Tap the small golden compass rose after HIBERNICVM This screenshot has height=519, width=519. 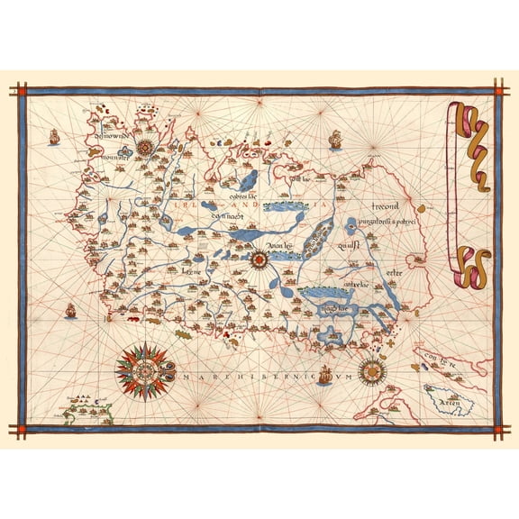[x=370, y=369]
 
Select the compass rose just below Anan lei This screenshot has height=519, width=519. [x=259, y=259]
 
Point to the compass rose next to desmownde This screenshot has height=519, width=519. [x=144, y=148]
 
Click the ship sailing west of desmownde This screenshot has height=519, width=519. [x=53, y=138]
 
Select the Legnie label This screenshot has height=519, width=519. [x=189, y=269]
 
